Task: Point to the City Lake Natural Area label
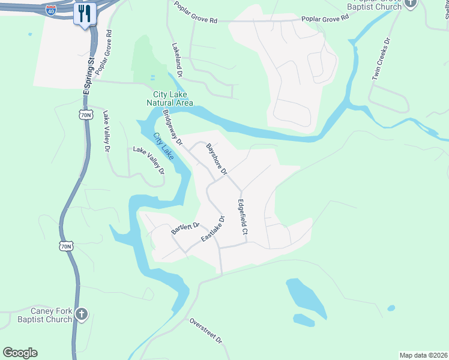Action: point(170,98)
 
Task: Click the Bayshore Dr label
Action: point(217,158)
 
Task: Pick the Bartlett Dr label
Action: point(185,227)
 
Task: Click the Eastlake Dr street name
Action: point(212,229)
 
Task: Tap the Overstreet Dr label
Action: point(206,331)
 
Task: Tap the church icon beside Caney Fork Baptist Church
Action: point(82,313)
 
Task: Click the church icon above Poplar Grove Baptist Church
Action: point(410,3)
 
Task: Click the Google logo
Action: point(20,353)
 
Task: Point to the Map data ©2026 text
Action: point(423,355)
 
